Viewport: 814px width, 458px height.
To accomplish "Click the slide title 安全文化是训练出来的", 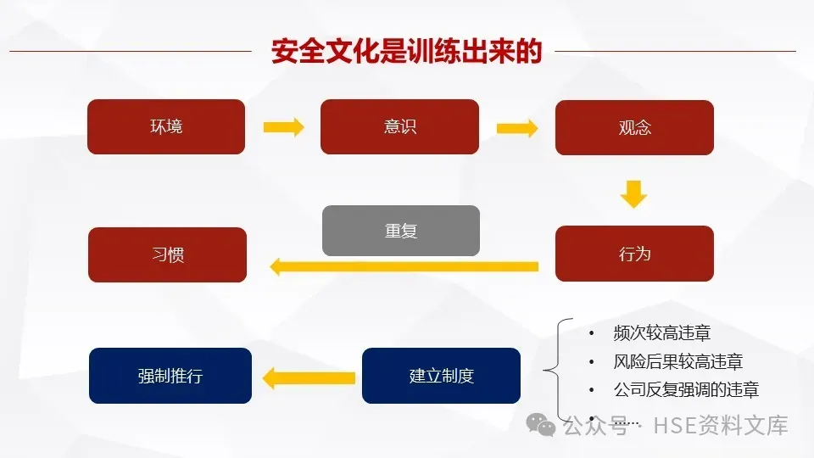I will [x=406, y=51].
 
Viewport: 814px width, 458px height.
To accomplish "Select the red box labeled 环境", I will [x=166, y=126].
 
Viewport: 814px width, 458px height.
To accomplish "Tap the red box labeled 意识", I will [x=399, y=126].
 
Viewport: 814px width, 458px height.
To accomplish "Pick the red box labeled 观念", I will [x=634, y=127].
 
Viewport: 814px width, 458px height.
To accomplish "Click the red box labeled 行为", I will [x=634, y=253].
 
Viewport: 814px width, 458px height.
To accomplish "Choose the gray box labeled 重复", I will [x=401, y=230].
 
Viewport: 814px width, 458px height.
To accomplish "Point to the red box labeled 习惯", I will [x=167, y=254].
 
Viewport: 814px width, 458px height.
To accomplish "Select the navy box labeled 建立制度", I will [x=441, y=376].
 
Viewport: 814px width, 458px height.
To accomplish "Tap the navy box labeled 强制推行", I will [x=170, y=376].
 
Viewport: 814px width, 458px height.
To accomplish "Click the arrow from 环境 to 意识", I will [x=283, y=127].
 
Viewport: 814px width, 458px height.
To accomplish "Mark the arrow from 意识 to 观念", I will [x=516, y=128].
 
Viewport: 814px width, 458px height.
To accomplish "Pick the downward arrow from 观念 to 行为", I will [x=633, y=193].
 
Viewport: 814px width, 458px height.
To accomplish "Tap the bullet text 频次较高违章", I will [x=661, y=333].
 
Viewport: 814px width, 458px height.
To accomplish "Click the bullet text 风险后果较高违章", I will [x=677, y=362].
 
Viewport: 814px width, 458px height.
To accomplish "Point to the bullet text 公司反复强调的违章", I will [x=685, y=390].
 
